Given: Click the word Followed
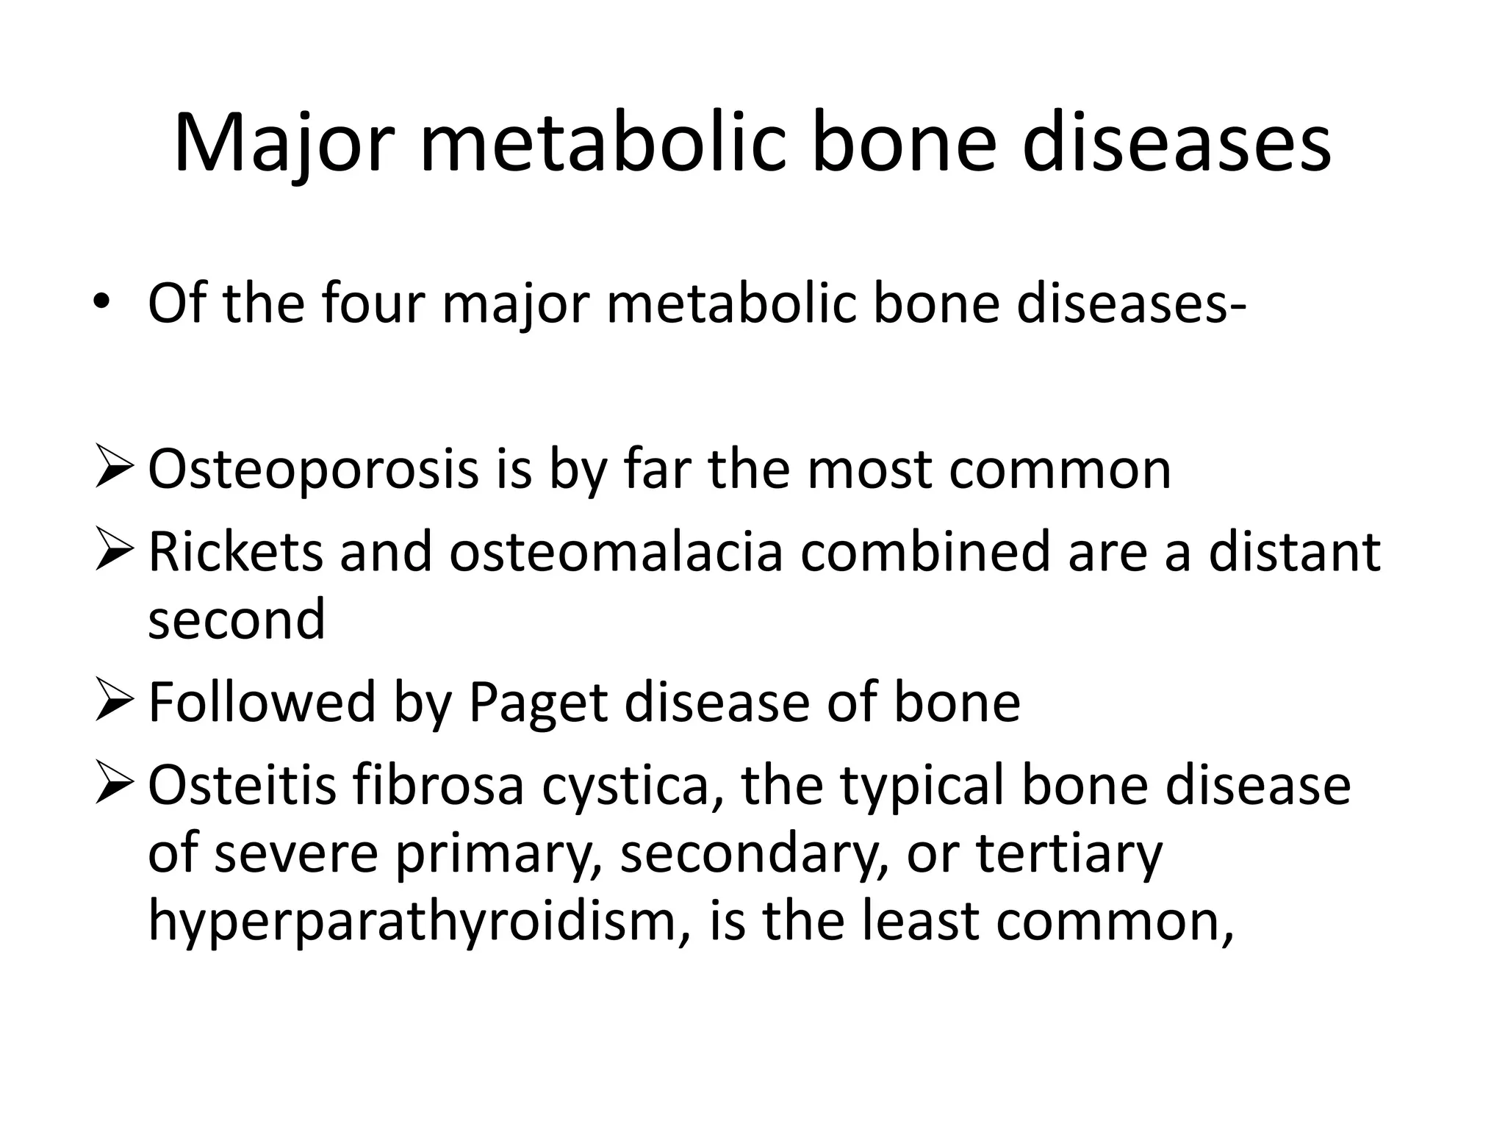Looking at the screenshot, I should pyautogui.click(x=262, y=702).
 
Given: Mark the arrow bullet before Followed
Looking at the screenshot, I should pyautogui.click(x=114, y=702).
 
